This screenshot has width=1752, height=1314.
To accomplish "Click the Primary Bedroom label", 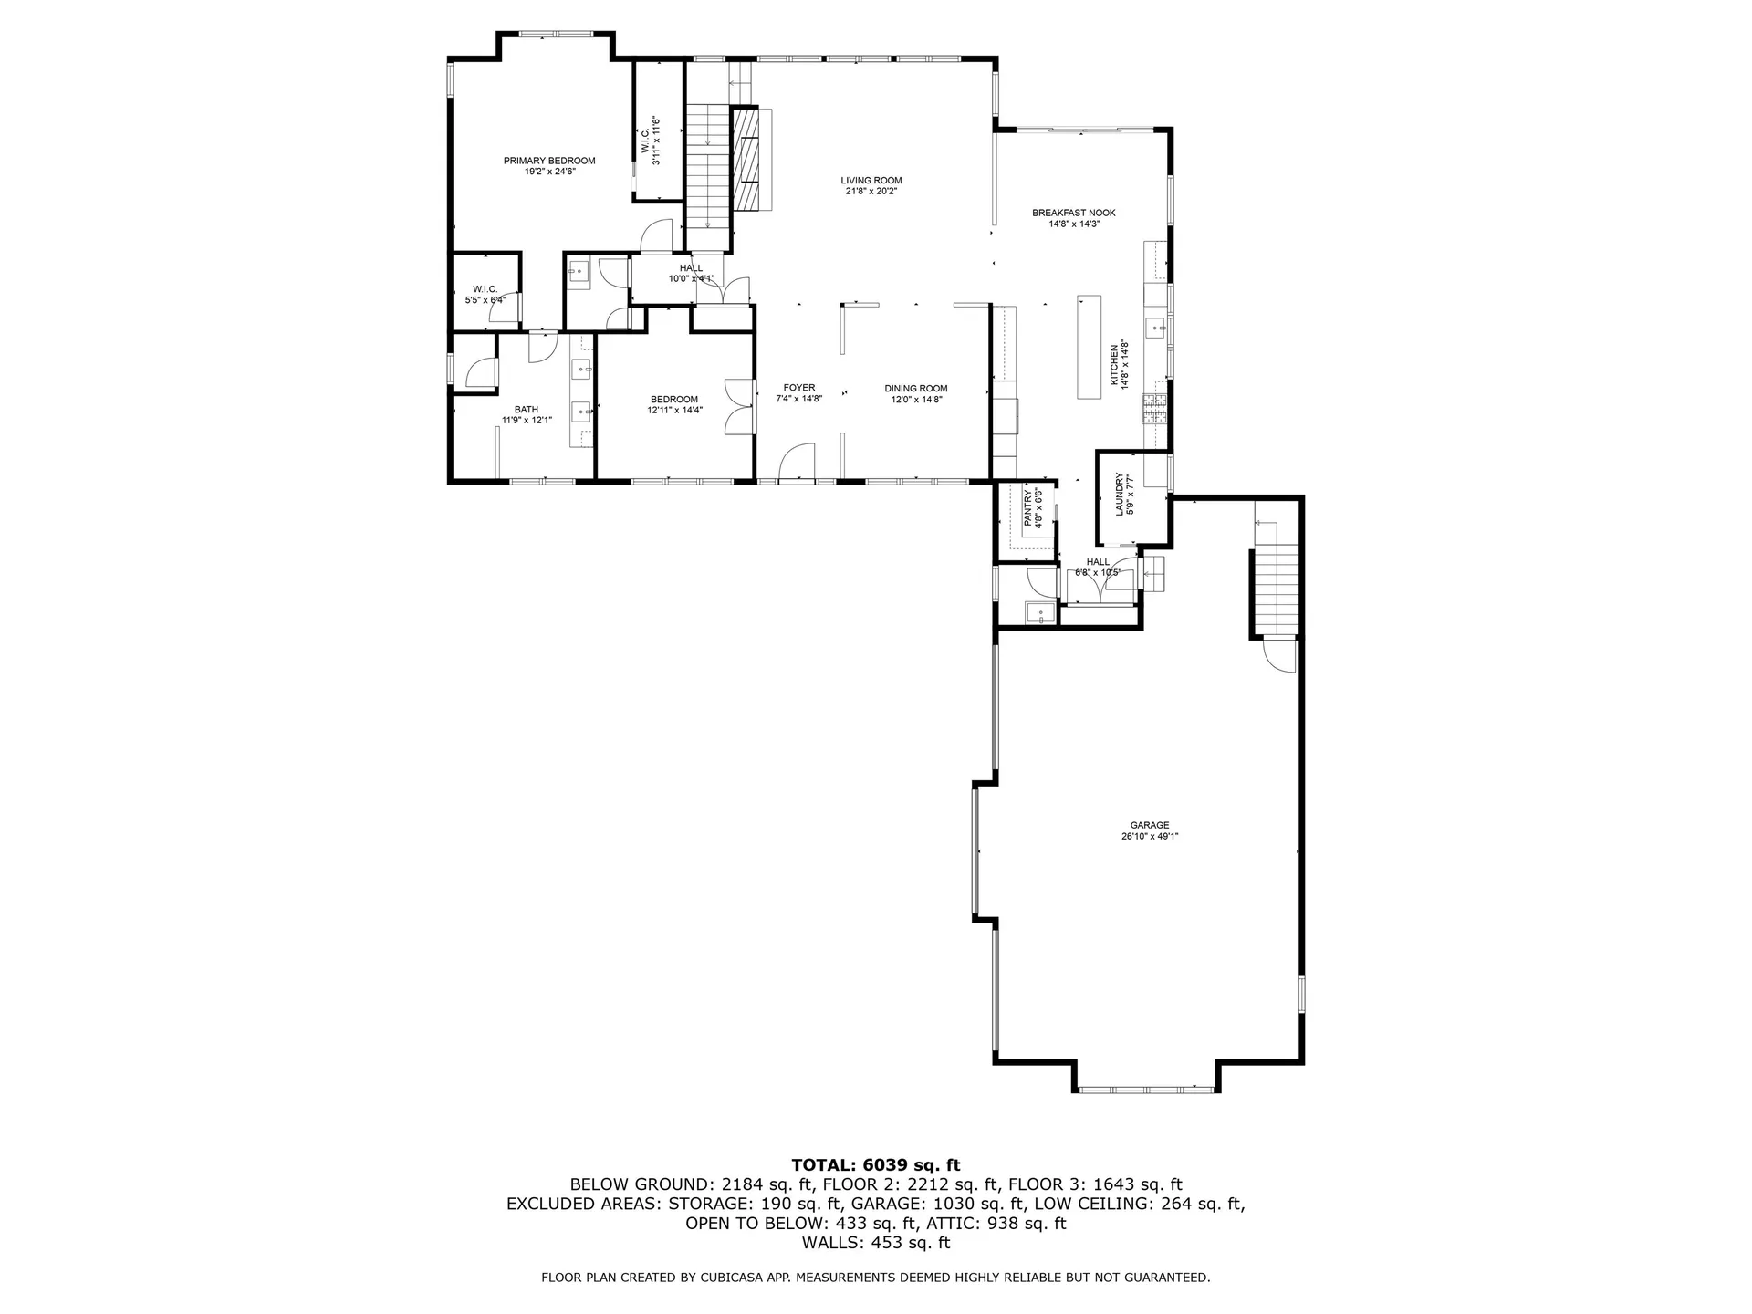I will tap(548, 161).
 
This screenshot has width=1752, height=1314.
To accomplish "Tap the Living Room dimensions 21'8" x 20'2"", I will tap(871, 192).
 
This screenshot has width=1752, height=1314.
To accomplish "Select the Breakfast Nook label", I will tap(1073, 213).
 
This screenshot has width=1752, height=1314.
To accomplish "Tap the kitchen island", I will tap(1090, 346).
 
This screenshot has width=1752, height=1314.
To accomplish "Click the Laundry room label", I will tap(1120, 494).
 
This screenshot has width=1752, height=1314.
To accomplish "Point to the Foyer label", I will tap(798, 388).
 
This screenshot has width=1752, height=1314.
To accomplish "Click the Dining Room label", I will tap(915, 388).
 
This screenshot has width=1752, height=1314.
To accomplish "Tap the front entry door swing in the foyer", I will tap(797, 461).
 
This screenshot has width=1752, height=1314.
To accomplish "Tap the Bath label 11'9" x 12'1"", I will tap(526, 410).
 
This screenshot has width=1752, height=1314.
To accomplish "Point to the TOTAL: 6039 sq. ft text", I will tap(875, 1164).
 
